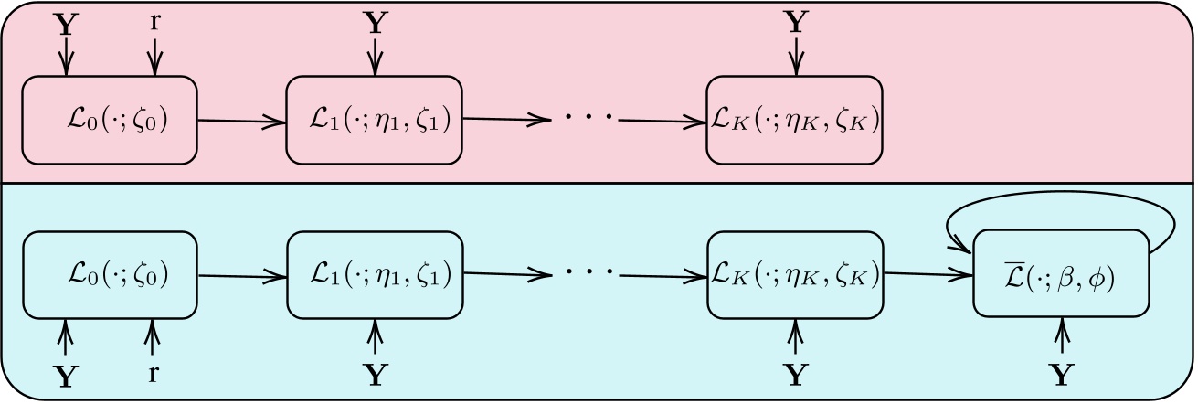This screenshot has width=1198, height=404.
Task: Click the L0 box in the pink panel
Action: (x=110, y=120)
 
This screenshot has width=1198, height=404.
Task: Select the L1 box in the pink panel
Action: (x=375, y=120)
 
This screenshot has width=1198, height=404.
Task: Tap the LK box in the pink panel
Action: (x=796, y=120)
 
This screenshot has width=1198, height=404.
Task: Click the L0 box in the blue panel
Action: (x=110, y=274)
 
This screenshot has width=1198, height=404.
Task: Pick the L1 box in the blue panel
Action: (x=375, y=274)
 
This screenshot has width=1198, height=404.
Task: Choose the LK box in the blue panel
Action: (x=796, y=274)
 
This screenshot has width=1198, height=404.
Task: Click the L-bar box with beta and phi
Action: (x=1060, y=274)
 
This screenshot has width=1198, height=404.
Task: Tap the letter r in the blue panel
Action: (x=154, y=373)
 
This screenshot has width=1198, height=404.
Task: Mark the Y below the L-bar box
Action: (x=1060, y=374)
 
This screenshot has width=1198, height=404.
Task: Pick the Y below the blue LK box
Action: (x=797, y=374)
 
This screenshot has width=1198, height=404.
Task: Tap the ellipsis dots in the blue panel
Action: (x=585, y=274)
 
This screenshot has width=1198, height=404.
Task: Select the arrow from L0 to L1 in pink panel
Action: (x=242, y=120)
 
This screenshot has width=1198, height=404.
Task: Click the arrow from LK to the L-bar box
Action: (x=928, y=273)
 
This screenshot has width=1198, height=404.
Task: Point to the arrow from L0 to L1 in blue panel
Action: (x=242, y=274)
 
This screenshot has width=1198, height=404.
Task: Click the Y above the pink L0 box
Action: (x=65, y=23)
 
